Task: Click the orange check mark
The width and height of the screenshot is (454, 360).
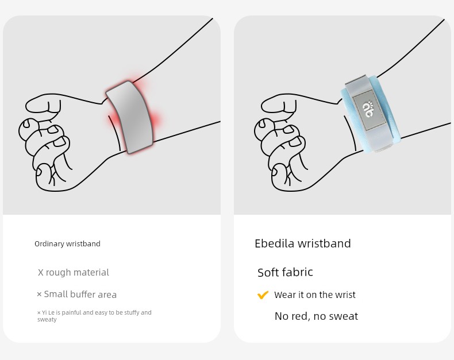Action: click(x=263, y=295)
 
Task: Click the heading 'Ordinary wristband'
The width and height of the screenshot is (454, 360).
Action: click(x=67, y=243)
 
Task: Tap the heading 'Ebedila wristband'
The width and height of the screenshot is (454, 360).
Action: click(x=302, y=243)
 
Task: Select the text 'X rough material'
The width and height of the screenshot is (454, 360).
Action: click(x=74, y=272)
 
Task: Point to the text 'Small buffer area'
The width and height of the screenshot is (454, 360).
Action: click(x=80, y=295)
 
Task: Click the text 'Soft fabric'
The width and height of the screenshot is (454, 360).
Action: click(x=285, y=272)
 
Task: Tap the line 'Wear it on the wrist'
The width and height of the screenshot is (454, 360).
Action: click(x=315, y=295)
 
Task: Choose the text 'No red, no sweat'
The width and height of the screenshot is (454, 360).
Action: click(x=316, y=316)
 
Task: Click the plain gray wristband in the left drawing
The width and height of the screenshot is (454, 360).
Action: click(x=129, y=117)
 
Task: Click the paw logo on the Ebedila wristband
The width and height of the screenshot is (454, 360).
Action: click(x=368, y=109)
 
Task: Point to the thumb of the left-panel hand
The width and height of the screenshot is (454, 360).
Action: click(x=44, y=104)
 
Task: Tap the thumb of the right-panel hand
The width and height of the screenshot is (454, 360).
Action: click(x=279, y=104)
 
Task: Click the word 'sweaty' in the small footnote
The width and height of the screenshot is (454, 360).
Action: click(x=47, y=319)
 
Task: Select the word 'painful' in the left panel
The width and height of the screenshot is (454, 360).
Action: click(x=71, y=312)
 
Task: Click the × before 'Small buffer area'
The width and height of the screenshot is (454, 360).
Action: click(x=40, y=295)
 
